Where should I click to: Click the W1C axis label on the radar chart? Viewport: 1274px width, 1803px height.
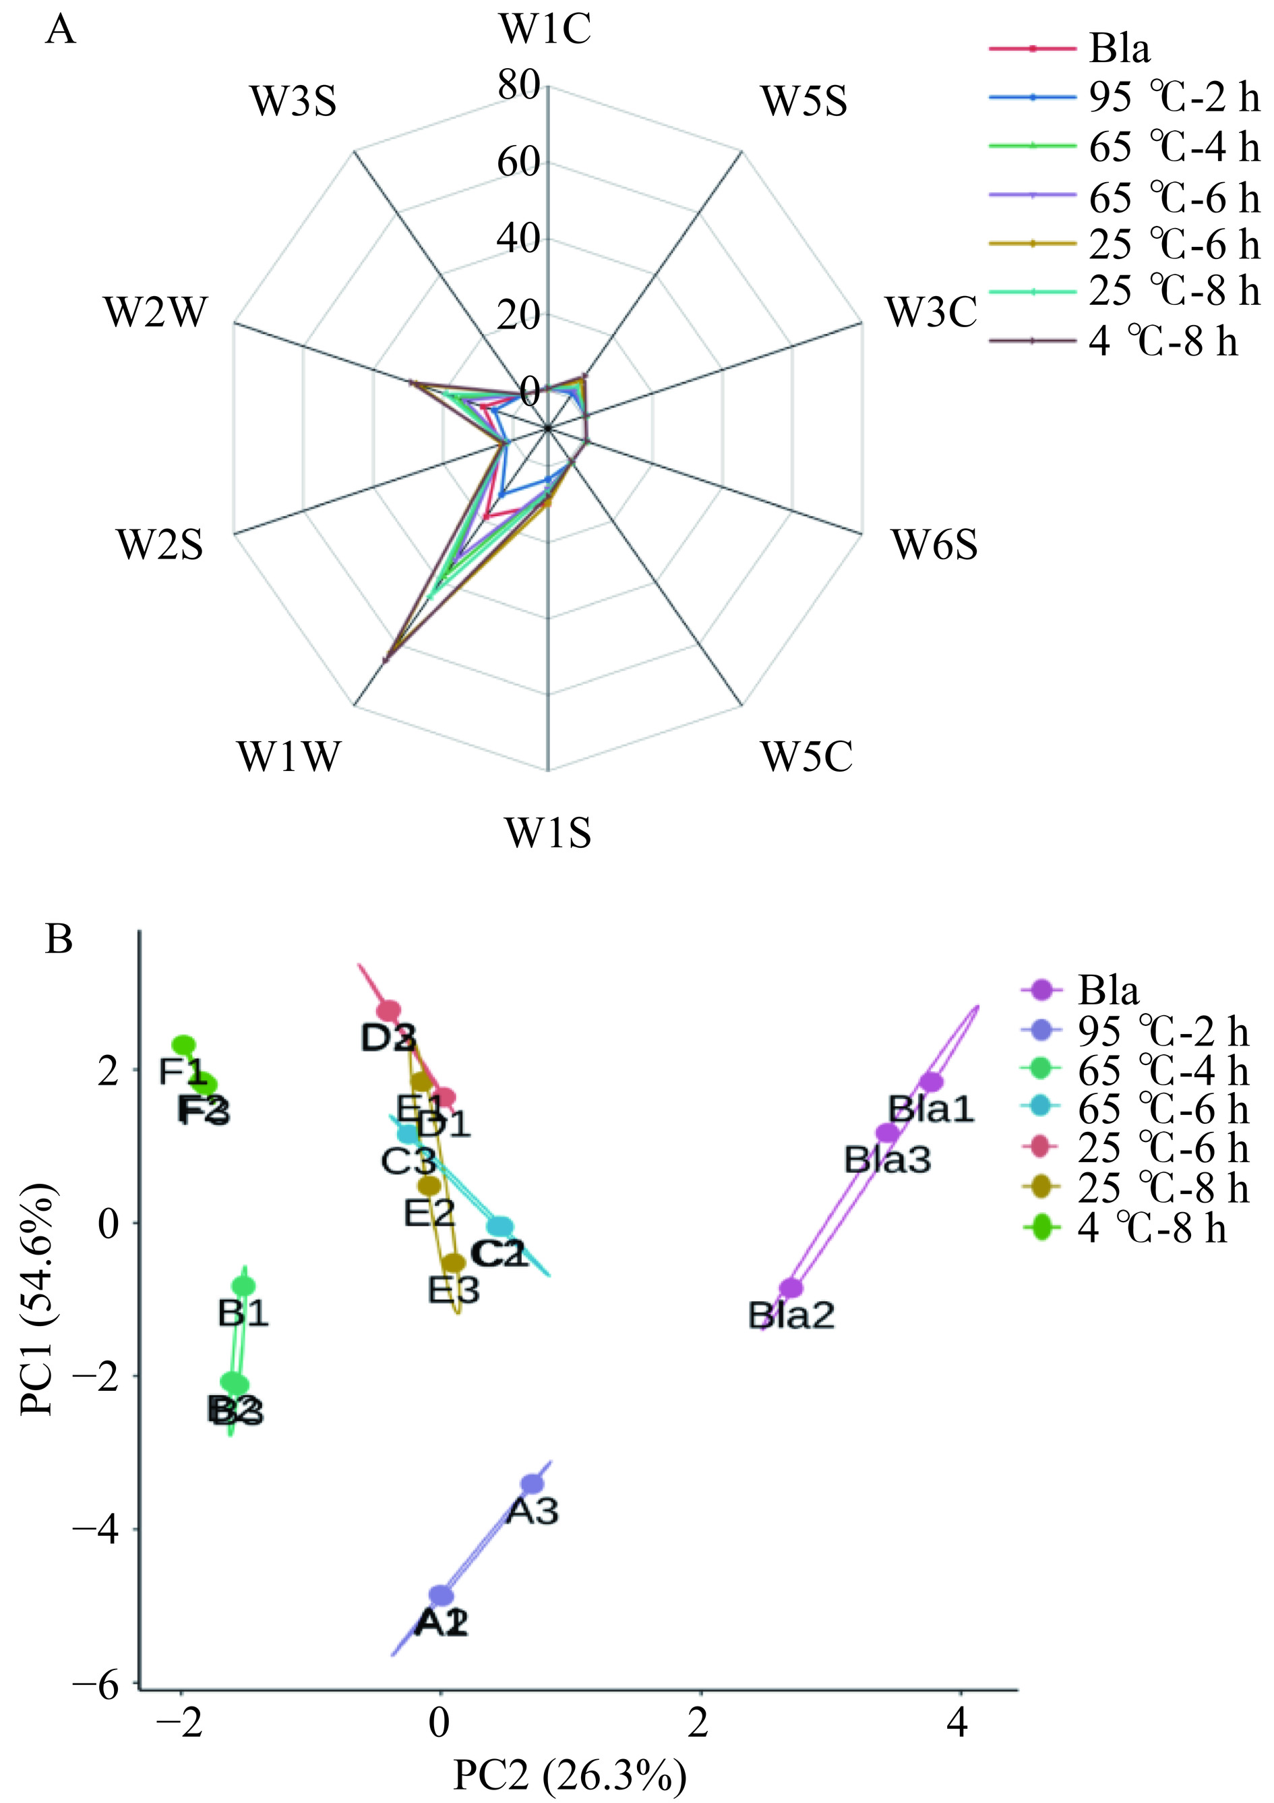[545, 30]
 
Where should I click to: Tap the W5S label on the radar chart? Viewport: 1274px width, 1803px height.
[803, 102]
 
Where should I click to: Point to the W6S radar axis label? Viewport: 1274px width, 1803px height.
[934, 544]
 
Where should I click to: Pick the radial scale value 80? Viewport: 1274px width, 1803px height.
[519, 86]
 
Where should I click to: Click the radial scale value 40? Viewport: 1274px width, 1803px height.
[519, 239]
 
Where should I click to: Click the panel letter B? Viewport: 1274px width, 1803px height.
[60, 938]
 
